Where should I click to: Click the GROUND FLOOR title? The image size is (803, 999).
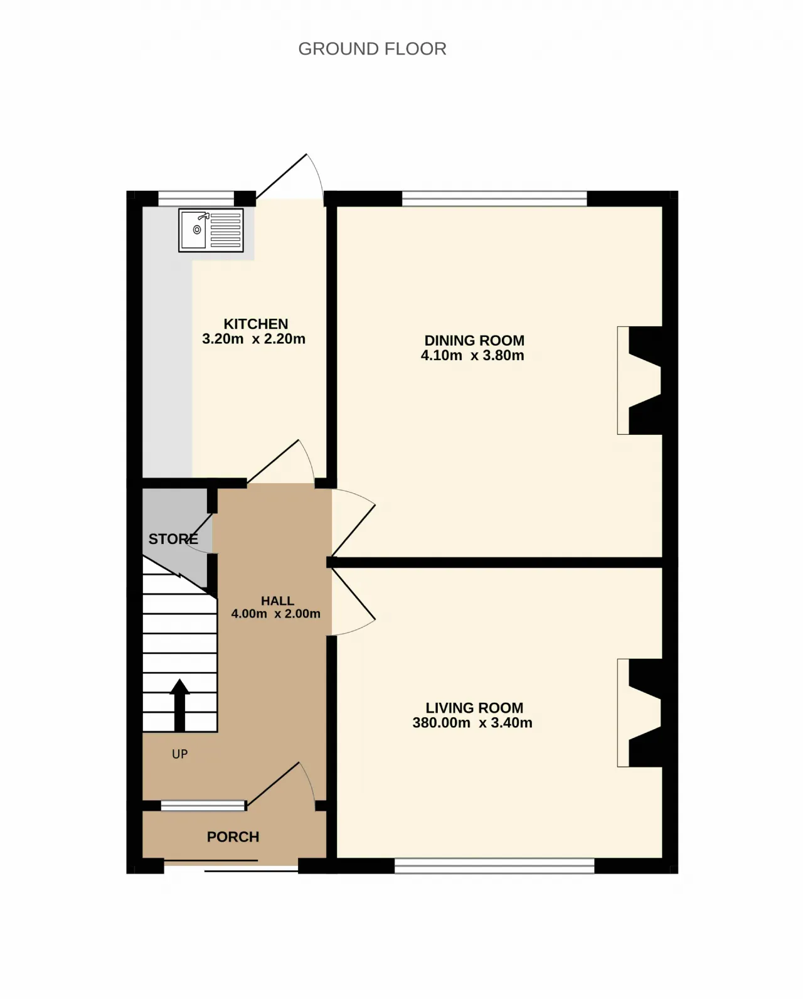coord(372,49)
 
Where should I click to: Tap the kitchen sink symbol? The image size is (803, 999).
coord(211,230)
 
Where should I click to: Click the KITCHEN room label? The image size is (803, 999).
coord(256,324)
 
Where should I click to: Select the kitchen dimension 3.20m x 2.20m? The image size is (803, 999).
coord(253,339)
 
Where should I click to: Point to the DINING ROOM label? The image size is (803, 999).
coord(474,340)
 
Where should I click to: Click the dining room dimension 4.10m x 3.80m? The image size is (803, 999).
coord(472,355)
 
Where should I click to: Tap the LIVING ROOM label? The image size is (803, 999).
coord(474,707)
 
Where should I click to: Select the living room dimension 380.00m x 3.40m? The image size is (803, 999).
coord(472,722)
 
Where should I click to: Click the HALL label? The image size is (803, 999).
coord(277,601)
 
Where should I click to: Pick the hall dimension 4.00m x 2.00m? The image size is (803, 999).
coord(275,614)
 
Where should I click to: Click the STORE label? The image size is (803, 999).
coord(173,539)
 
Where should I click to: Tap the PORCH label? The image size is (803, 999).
coord(233,837)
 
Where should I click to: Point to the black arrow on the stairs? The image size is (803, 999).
coord(179,705)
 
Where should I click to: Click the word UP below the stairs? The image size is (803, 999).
coord(180,754)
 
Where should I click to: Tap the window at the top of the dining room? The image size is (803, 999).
coord(494,199)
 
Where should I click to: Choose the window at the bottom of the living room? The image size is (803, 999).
coord(494,866)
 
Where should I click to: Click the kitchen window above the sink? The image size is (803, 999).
coord(196,199)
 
